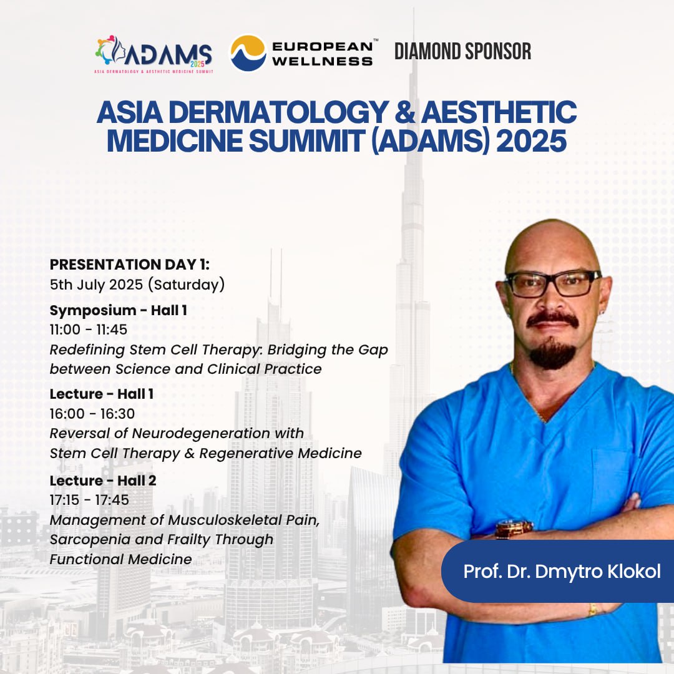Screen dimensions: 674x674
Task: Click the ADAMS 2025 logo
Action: click(x=154, y=54)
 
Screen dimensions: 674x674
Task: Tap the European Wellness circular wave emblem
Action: click(x=248, y=53)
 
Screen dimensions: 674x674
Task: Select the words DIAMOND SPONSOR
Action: click(x=462, y=51)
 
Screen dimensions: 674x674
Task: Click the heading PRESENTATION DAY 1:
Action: click(x=130, y=265)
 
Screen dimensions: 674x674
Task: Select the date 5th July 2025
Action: click(x=96, y=285)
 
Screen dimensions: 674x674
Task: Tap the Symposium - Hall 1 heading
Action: click(x=118, y=310)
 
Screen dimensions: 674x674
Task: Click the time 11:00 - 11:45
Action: click(x=89, y=330)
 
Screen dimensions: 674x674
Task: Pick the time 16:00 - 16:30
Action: click(x=92, y=414)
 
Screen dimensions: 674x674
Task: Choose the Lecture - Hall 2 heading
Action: click(x=103, y=480)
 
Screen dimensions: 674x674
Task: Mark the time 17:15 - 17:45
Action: click(x=89, y=500)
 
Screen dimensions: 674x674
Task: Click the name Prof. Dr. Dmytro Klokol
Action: click(x=562, y=572)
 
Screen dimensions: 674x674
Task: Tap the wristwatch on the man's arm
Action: click(x=514, y=529)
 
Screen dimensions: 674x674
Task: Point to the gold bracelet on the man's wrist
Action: click(x=593, y=610)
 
